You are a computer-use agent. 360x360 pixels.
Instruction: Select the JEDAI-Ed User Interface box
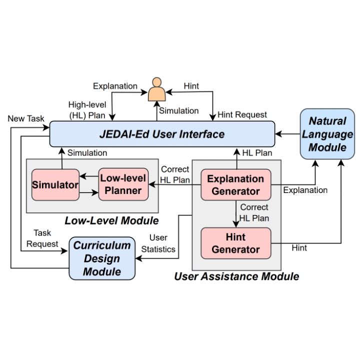tap(162, 134)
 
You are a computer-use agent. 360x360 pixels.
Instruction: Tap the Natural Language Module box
tap(327, 134)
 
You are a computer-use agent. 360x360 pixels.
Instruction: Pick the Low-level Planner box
tap(123, 184)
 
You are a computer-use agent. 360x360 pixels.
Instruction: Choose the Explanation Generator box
tap(235, 184)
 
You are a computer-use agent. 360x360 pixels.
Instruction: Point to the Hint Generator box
tap(235, 243)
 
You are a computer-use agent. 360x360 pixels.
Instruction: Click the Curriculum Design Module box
tap(102, 258)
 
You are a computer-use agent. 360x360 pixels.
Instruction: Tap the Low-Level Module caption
tap(111, 220)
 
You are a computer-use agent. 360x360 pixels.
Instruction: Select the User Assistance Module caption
tap(236, 276)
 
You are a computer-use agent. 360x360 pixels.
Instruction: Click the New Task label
tap(26, 118)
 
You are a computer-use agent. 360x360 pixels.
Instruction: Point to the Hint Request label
tap(242, 114)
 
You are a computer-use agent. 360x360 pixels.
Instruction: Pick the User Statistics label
tap(158, 243)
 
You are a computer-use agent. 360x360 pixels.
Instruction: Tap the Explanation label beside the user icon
tap(115, 86)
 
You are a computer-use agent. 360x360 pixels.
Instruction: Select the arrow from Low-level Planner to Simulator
tap(89, 176)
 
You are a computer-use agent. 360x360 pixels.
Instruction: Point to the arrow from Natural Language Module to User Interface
tap(287, 134)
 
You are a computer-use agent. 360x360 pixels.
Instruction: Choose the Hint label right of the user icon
tap(191, 86)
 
